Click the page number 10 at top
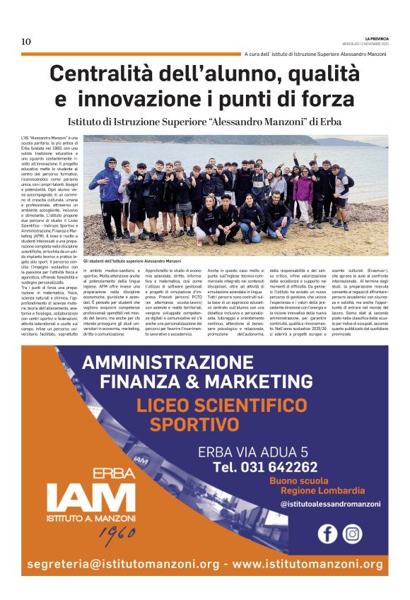(26, 42)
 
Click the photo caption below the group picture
(132, 261)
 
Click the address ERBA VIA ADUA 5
(253, 452)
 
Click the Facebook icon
(327, 534)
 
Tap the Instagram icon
(352, 534)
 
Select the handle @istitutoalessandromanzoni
(330, 505)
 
